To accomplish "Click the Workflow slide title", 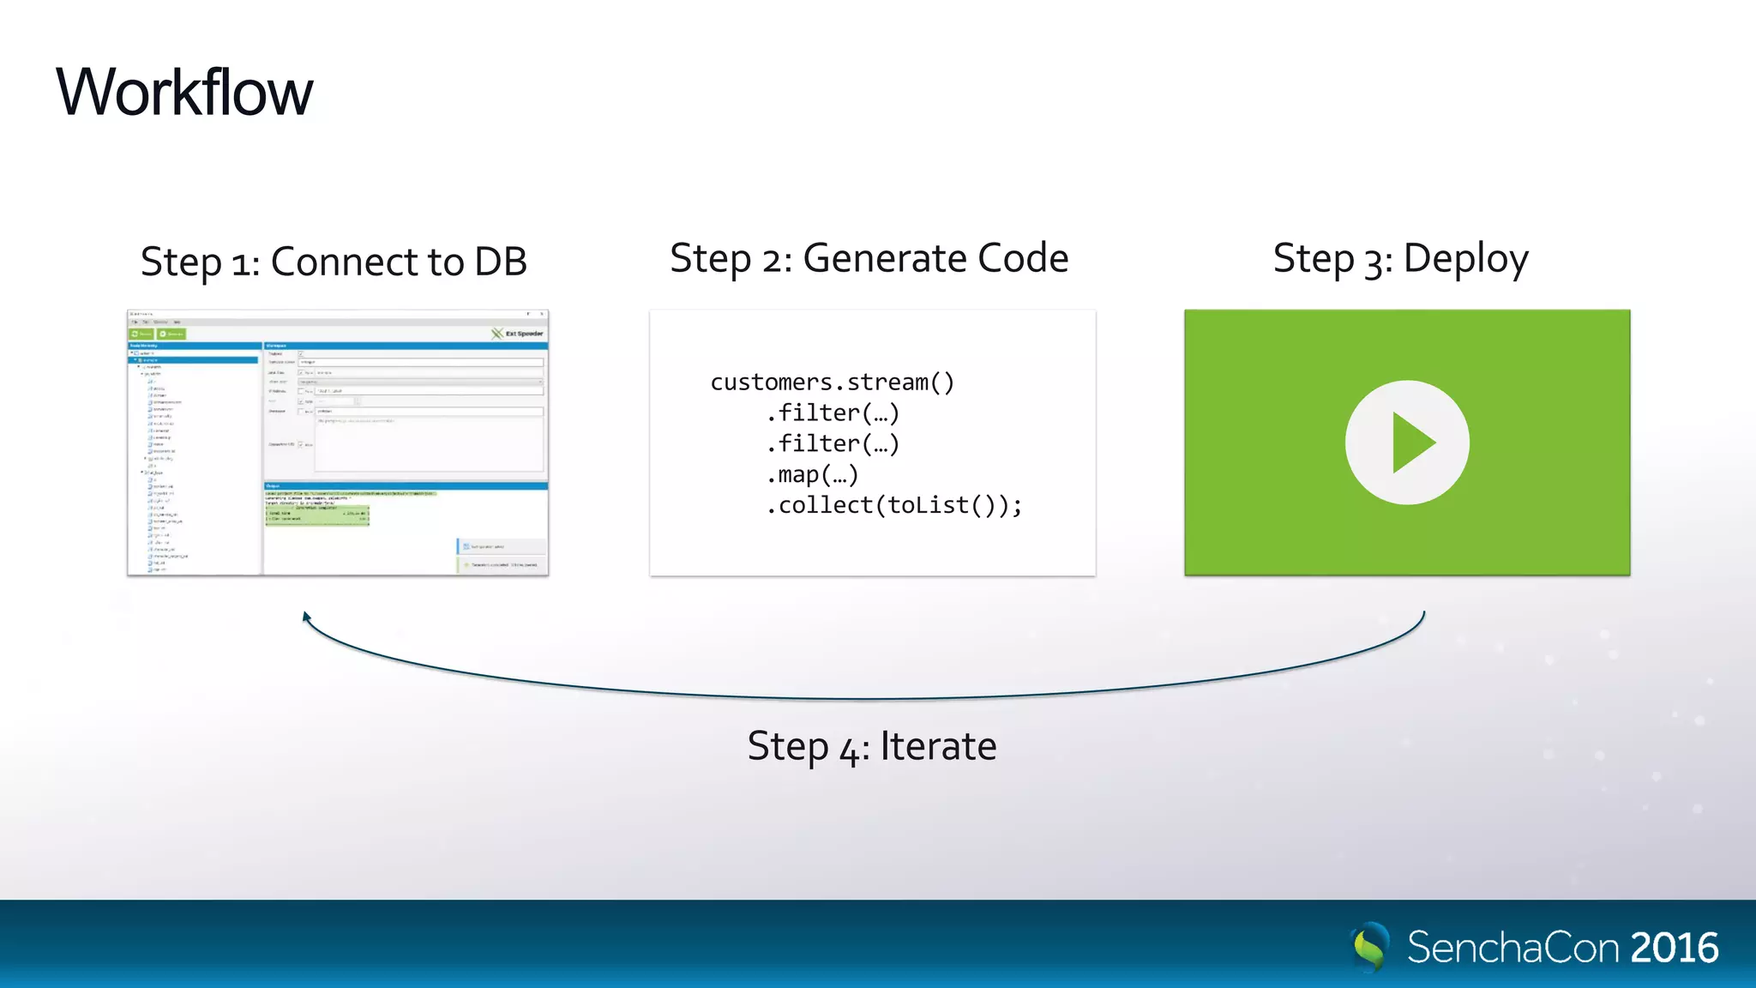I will tap(184, 92).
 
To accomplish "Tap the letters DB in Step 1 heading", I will tap(500, 262).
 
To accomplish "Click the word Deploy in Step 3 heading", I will tap(1465, 258).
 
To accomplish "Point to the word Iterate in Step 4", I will tap(938, 746).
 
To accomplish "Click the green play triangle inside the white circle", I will tap(1411, 443).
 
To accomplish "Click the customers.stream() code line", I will tap(832, 382).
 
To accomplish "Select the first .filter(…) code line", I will tap(833, 413).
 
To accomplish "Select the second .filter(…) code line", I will tap(833, 443).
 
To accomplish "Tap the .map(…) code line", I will tap(812, 474).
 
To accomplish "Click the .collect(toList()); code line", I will tap(893, 505).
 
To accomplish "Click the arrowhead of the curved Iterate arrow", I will tap(306, 616).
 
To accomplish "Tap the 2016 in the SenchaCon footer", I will tap(1674, 948).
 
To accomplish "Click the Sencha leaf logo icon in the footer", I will tap(1370, 947).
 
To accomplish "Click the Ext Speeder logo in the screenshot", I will tap(517, 334).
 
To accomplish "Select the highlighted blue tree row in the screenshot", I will tap(194, 360).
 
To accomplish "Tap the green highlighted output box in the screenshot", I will tap(316, 514).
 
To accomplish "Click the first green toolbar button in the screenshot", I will tap(141, 334).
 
